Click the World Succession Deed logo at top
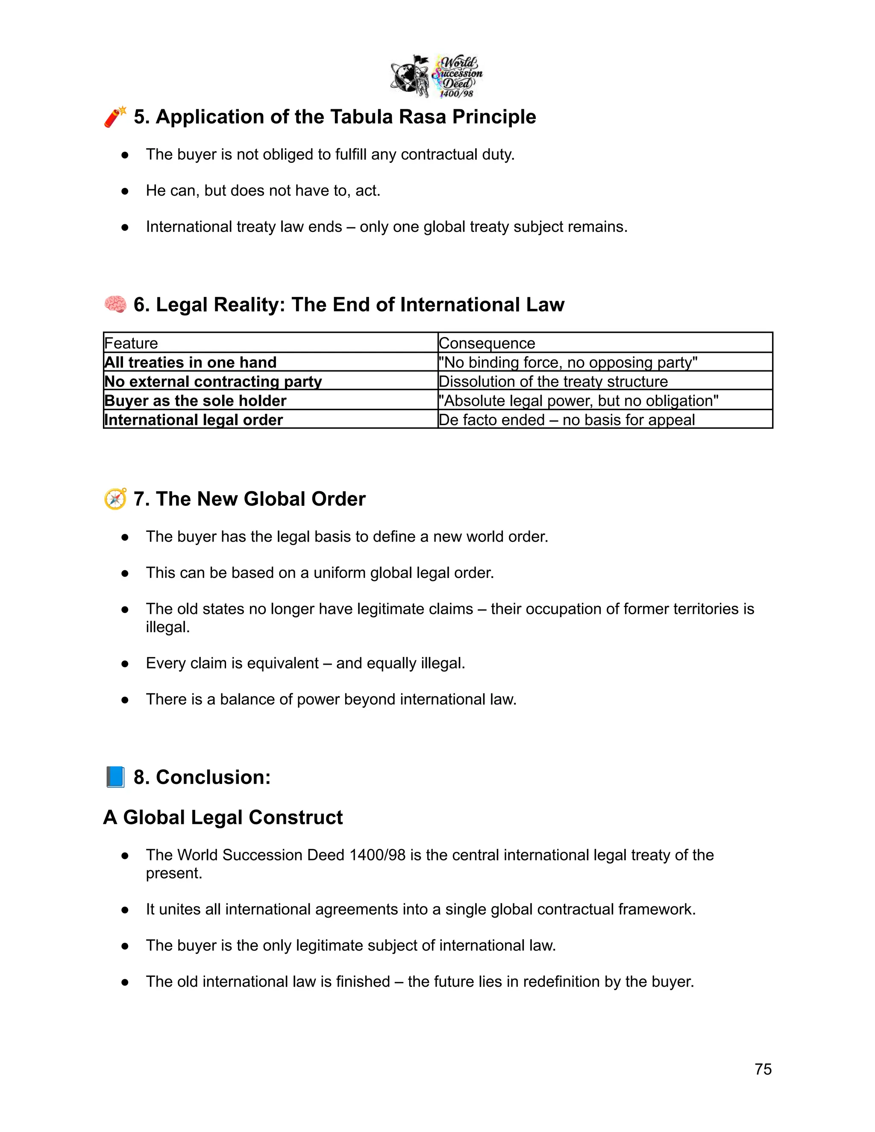tap(437, 76)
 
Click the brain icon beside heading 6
tap(115, 304)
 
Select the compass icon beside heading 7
tap(115, 499)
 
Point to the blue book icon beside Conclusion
tap(115, 777)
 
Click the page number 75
tap(763, 1069)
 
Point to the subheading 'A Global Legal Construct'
tap(223, 817)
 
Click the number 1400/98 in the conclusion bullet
tap(377, 855)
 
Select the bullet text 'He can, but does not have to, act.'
tap(263, 191)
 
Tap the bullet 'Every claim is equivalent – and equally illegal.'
tap(305, 663)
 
